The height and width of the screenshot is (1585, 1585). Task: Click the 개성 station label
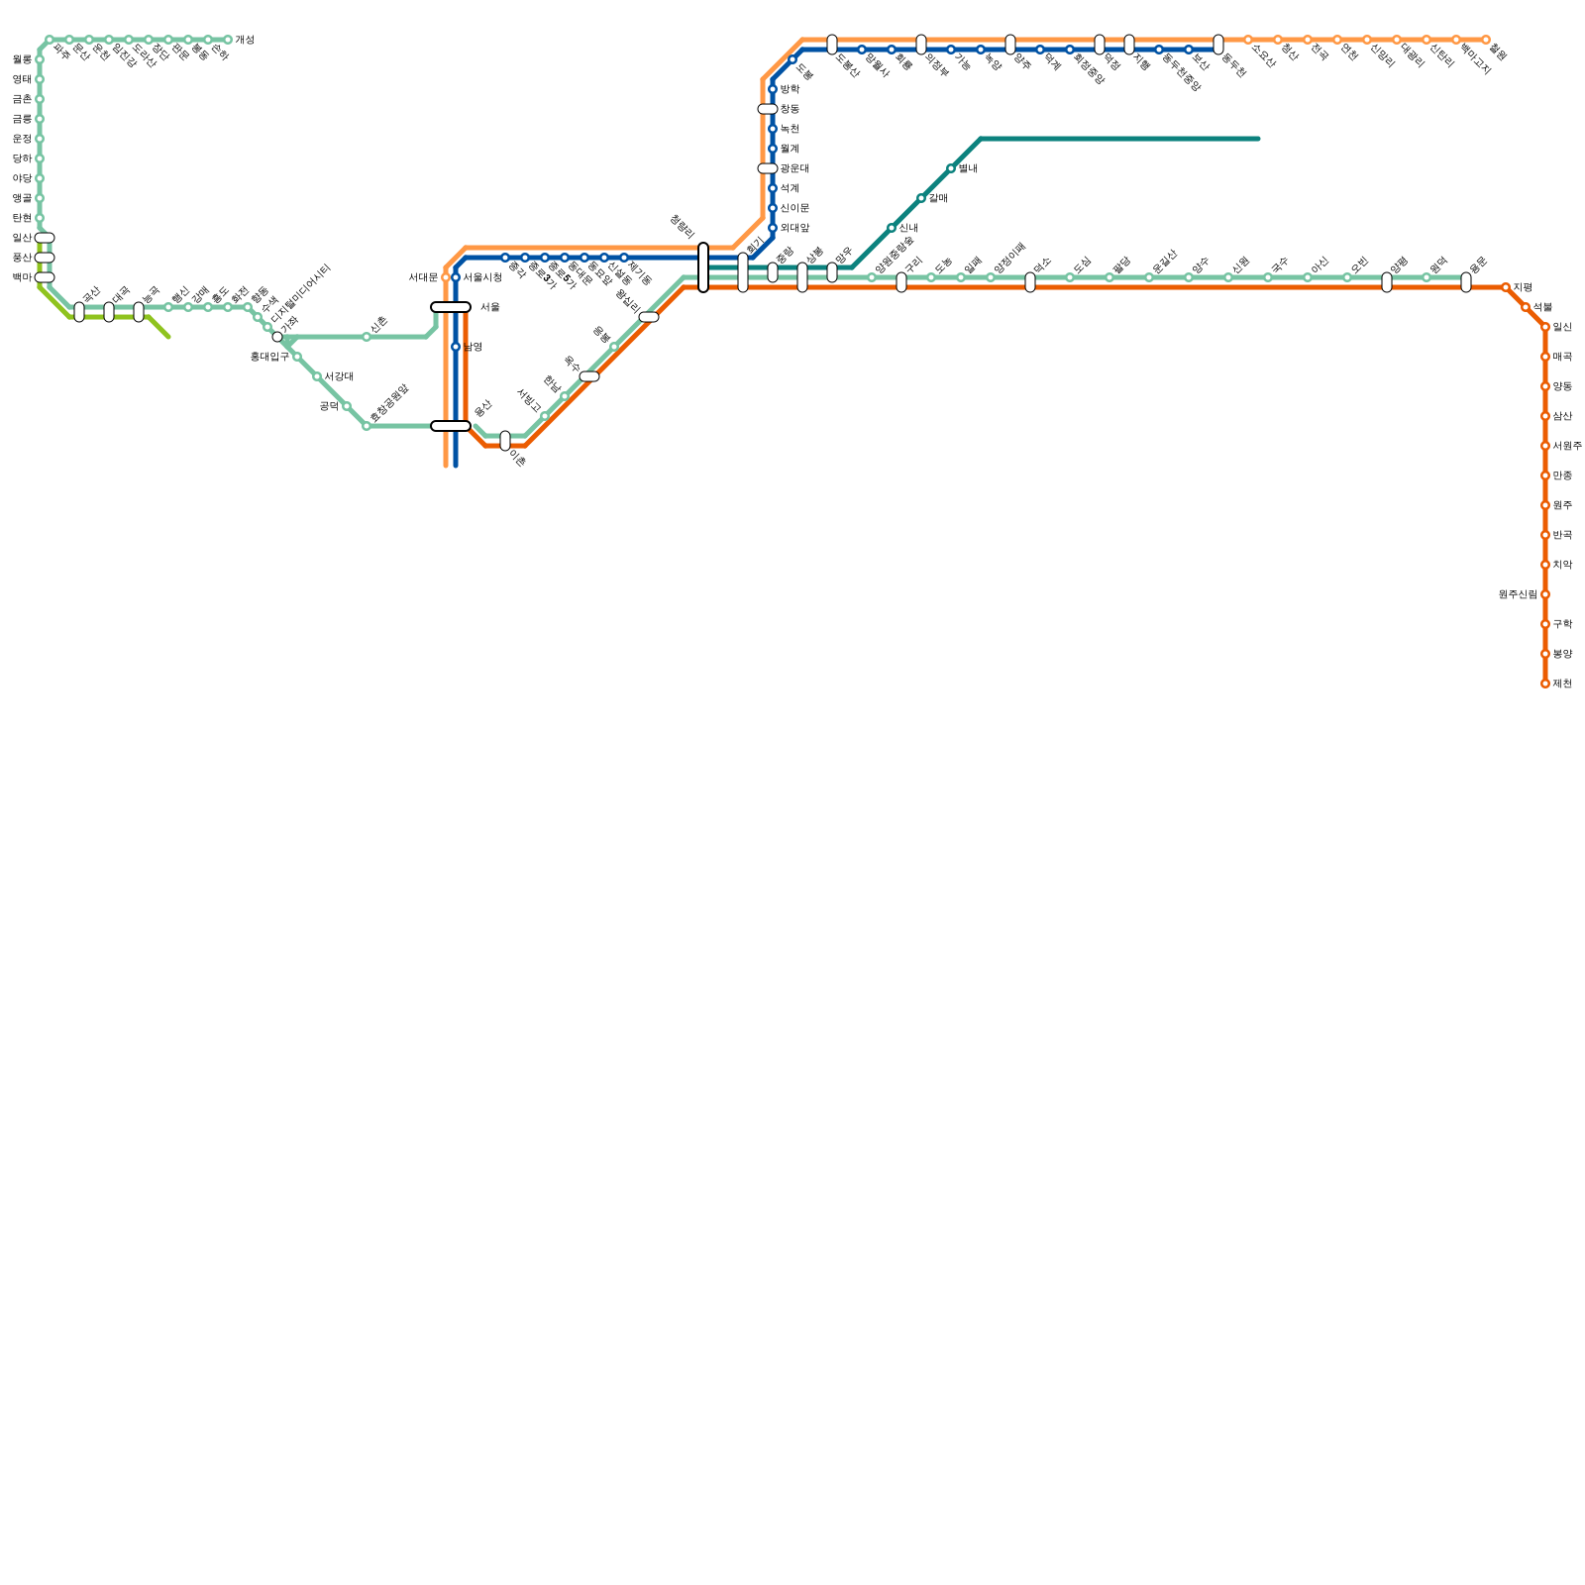pos(245,40)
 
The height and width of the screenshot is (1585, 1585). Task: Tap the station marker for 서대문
pos(446,277)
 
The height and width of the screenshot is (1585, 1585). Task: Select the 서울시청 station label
pos(482,277)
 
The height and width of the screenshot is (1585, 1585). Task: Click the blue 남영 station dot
pos(456,347)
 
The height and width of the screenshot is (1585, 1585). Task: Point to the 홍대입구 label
pos(268,357)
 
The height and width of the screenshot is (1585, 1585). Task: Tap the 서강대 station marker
pos(317,376)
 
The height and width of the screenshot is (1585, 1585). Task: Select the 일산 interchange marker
pos(45,238)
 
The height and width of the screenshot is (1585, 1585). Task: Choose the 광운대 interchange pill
pos(768,168)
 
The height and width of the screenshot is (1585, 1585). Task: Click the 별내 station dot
pos(951,168)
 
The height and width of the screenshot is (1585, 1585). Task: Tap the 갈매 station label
pos(938,198)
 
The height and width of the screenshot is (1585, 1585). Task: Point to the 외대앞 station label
pos(794,228)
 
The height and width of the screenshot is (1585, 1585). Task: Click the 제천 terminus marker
pos(1545,684)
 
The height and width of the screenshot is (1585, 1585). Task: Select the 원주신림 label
pos(1518,594)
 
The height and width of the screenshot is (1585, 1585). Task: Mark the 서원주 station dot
pos(1545,446)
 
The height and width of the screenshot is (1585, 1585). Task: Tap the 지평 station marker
pos(1506,287)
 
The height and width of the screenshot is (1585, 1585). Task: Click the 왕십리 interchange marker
pos(649,317)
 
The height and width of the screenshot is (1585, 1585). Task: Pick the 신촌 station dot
pos(367,337)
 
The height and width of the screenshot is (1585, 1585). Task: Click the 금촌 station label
pos(22,99)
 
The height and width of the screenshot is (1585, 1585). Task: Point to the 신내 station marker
pos(892,228)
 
